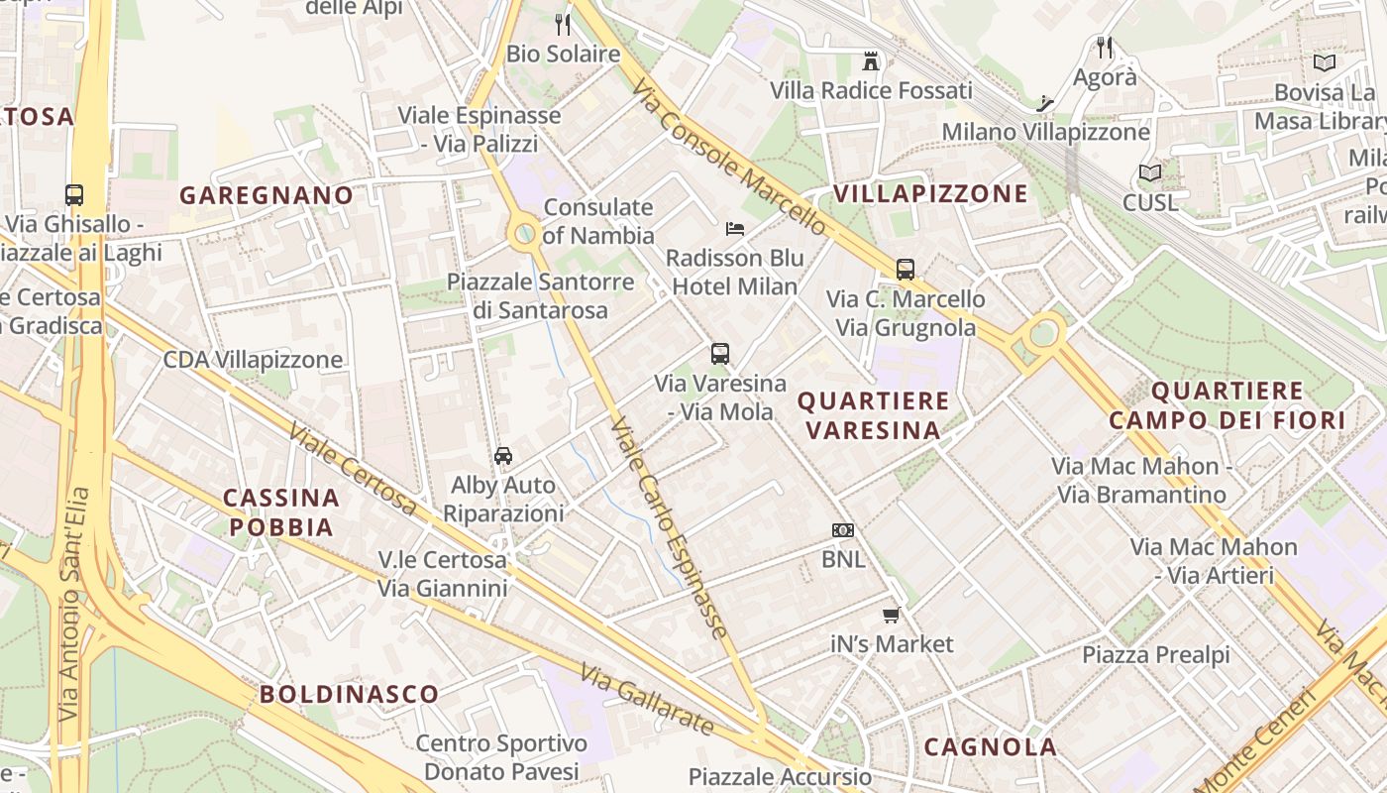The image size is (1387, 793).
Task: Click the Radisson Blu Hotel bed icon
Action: [734, 229]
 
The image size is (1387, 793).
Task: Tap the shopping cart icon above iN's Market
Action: [892, 615]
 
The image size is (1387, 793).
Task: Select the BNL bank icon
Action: [843, 530]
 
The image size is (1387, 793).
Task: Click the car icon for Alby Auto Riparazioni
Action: [503, 456]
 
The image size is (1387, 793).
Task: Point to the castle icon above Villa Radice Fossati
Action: [871, 61]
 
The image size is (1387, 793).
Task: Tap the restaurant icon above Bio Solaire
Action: [563, 25]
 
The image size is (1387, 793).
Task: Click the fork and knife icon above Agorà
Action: [1106, 47]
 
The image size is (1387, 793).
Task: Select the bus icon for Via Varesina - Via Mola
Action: [720, 354]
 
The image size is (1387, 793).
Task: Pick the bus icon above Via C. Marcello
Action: [906, 269]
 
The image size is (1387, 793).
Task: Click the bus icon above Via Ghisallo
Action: [74, 195]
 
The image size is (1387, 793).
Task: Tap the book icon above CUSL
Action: [1150, 173]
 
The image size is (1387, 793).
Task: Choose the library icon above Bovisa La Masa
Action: [1324, 63]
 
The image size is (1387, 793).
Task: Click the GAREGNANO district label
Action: [266, 195]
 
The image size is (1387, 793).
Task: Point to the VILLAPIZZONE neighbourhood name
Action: [930, 193]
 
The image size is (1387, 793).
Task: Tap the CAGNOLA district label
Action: [991, 746]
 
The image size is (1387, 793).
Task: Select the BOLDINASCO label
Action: [349, 694]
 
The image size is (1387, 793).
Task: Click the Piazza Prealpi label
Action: [1155, 655]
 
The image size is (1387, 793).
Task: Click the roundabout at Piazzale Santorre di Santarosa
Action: [525, 235]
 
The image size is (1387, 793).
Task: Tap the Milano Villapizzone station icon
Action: [1044, 103]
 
